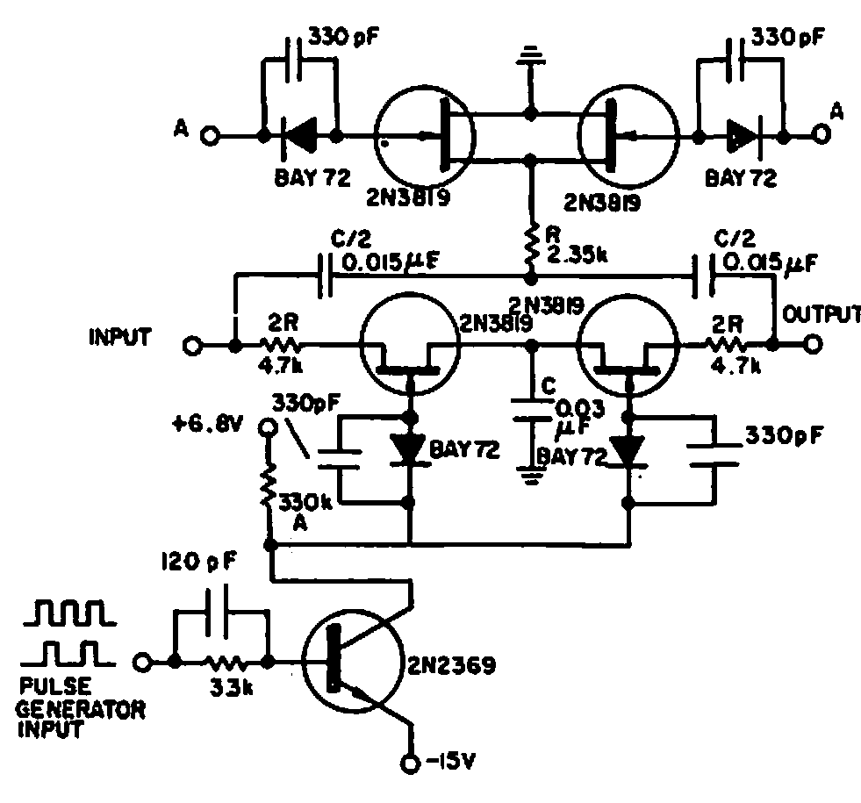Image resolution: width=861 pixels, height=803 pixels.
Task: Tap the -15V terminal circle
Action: [x=410, y=764]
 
